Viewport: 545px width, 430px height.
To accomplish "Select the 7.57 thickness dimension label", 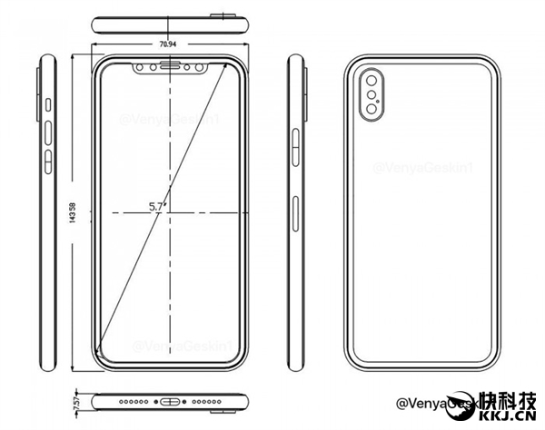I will (75, 400).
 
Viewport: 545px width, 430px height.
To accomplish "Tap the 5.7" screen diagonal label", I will (160, 207).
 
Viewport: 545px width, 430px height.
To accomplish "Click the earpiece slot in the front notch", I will (170, 66).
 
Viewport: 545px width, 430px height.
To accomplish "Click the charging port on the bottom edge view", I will (170, 400).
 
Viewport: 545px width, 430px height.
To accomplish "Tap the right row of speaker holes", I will (202, 400).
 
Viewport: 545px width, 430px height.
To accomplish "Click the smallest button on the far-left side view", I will (47, 107).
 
